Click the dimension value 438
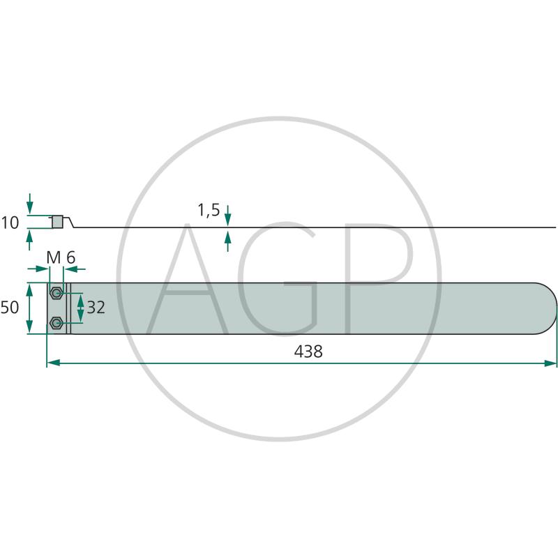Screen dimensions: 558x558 (308, 352)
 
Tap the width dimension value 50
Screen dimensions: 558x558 (10, 308)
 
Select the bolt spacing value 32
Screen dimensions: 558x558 (96, 308)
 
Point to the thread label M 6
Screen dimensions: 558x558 (61, 257)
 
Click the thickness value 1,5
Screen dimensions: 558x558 (209, 211)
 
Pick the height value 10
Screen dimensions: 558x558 (10, 223)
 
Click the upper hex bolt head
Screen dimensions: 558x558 (56, 293)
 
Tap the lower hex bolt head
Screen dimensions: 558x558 (56, 323)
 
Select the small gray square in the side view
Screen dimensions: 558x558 (57, 222)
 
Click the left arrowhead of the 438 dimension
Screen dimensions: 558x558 (53, 363)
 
